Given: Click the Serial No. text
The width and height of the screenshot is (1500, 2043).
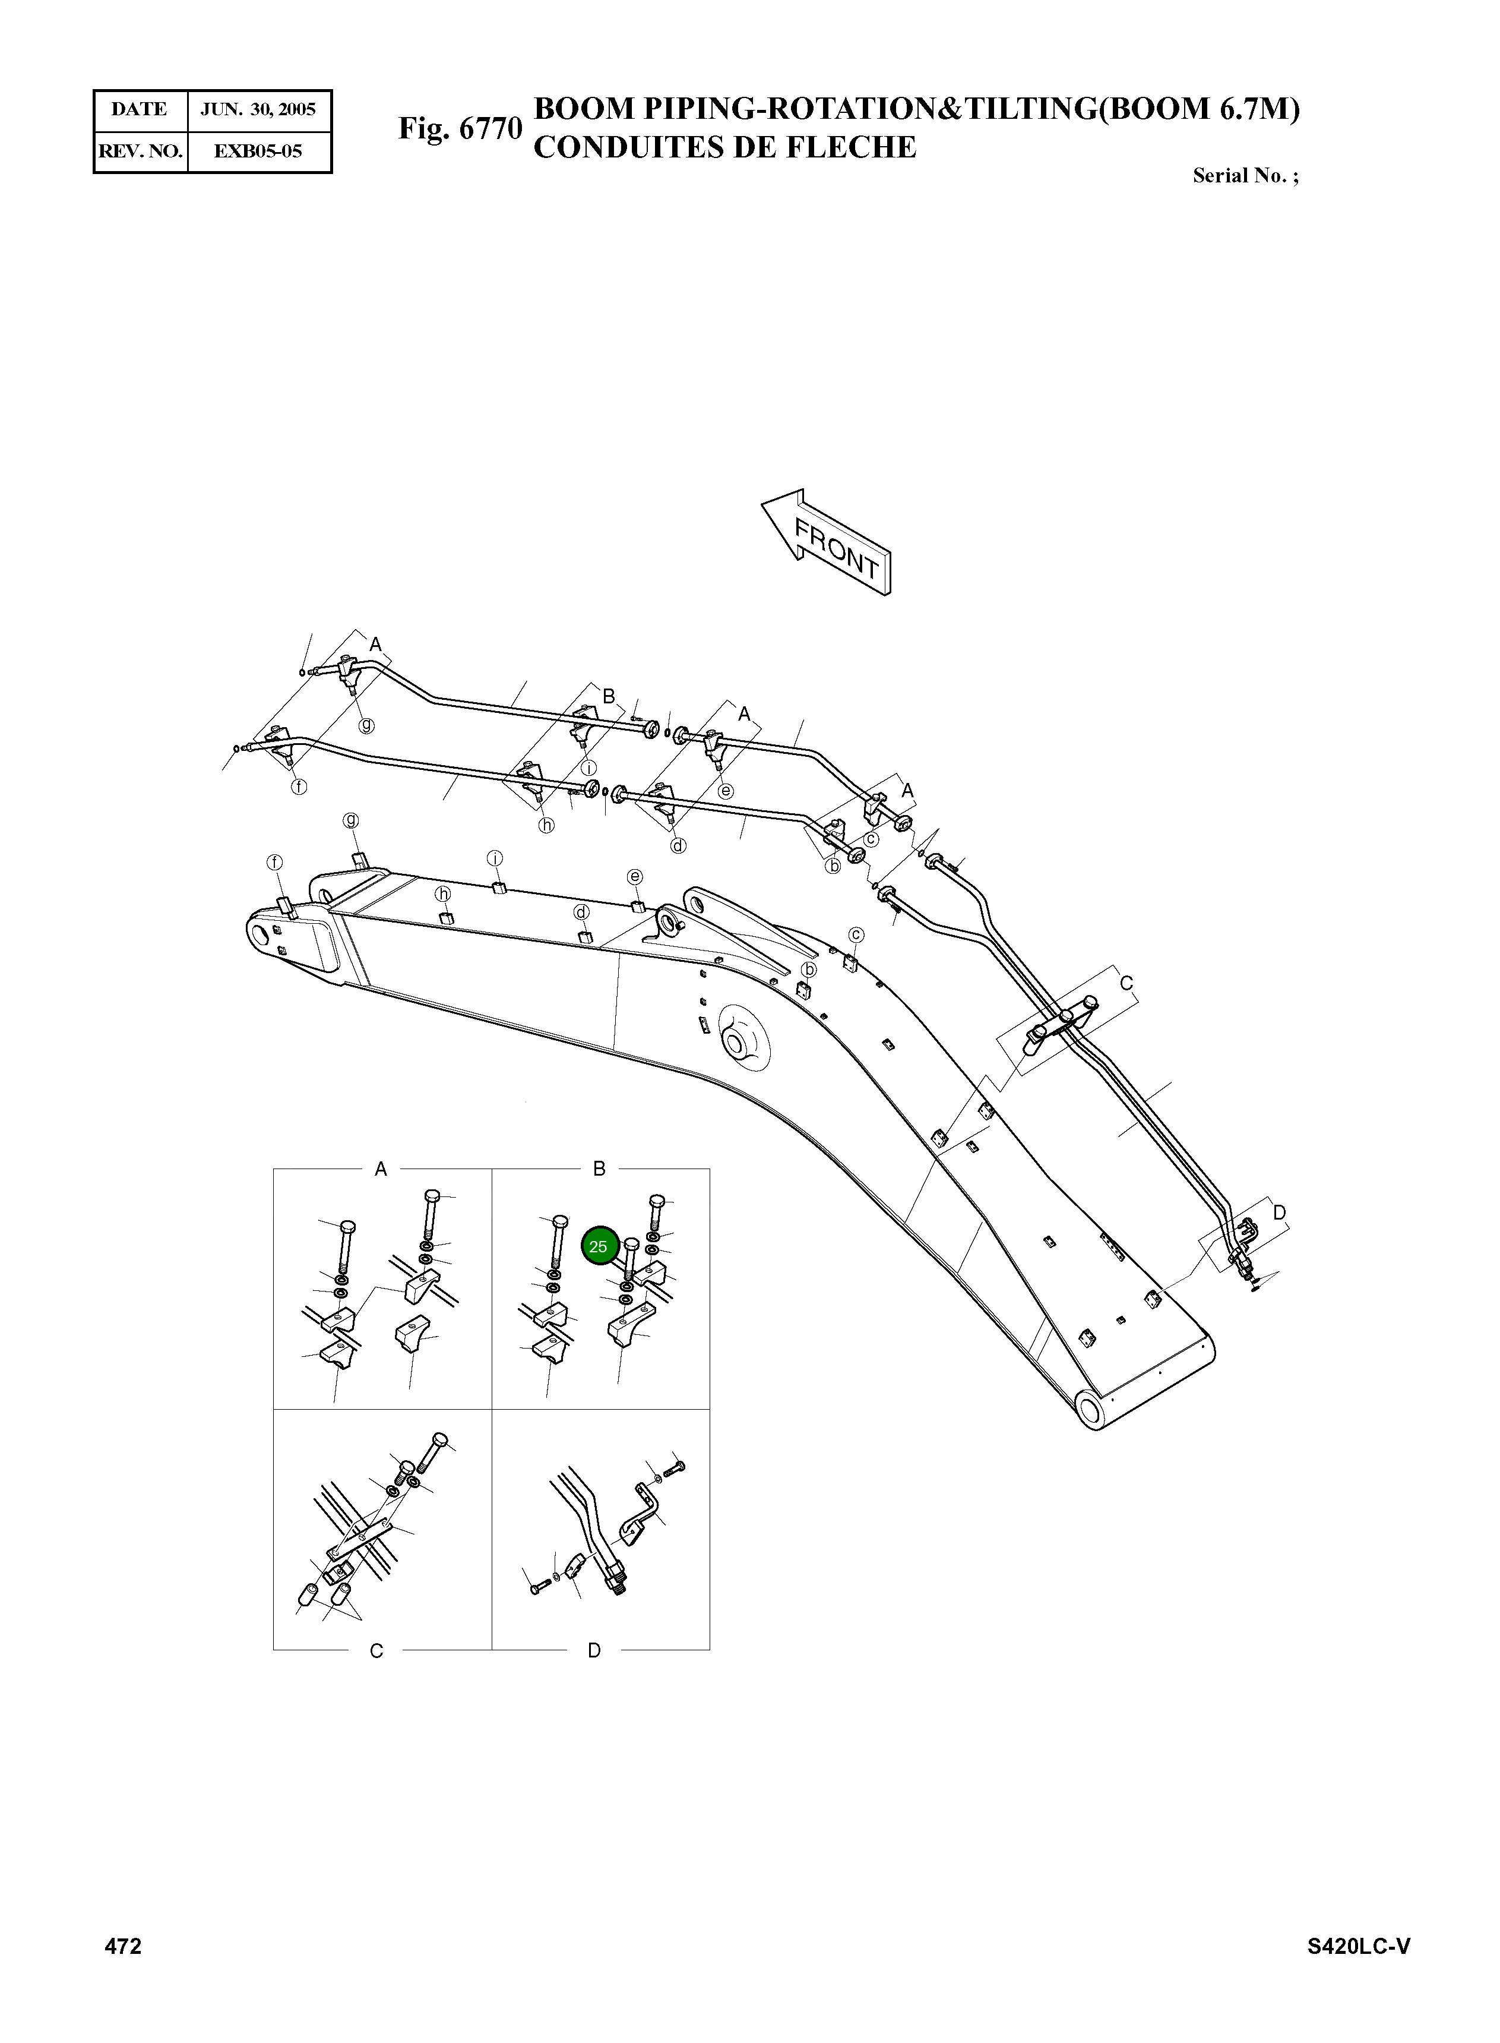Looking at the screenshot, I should tap(1245, 176).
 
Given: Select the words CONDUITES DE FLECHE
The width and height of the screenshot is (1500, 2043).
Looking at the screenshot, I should tap(724, 147).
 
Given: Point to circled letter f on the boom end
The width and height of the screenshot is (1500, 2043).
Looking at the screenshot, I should tap(274, 861).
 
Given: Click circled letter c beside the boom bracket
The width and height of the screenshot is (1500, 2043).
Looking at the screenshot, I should tap(855, 934).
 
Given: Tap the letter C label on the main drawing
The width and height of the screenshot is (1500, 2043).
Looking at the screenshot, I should tap(1126, 983).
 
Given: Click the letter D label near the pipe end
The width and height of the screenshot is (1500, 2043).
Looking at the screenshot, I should tap(1279, 1212).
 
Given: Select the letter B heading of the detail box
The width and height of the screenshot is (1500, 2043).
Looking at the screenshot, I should tap(599, 1169).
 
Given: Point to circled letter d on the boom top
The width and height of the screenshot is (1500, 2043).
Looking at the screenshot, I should tap(581, 912).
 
